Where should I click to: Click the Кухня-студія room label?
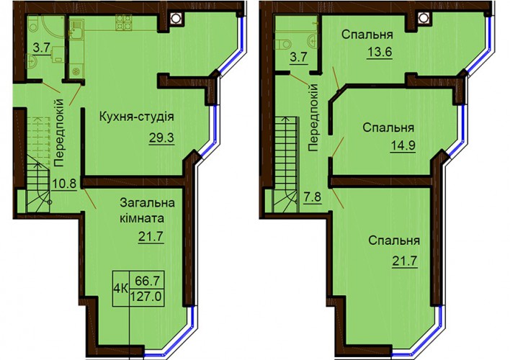(x=137, y=117)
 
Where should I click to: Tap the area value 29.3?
(x=161, y=138)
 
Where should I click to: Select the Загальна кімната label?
(x=147, y=210)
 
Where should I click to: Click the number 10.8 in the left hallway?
(x=63, y=184)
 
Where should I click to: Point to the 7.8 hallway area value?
(x=312, y=197)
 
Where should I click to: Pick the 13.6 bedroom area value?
(x=379, y=52)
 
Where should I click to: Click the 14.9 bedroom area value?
(x=403, y=145)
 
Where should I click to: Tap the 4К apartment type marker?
(x=121, y=289)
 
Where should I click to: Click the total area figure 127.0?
(x=146, y=297)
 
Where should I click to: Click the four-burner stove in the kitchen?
(x=123, y=23)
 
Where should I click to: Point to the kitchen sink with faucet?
(x=76, y=29)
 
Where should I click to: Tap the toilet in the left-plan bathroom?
(x=34, y=24)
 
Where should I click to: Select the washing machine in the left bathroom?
(x=58, y=54)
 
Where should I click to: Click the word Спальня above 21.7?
(x=394, y=241)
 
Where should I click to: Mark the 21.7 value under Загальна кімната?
(x=151, y=237)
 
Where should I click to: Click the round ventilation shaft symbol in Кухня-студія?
(x=176, y=17)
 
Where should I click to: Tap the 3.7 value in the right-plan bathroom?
(x=298, y=58)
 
